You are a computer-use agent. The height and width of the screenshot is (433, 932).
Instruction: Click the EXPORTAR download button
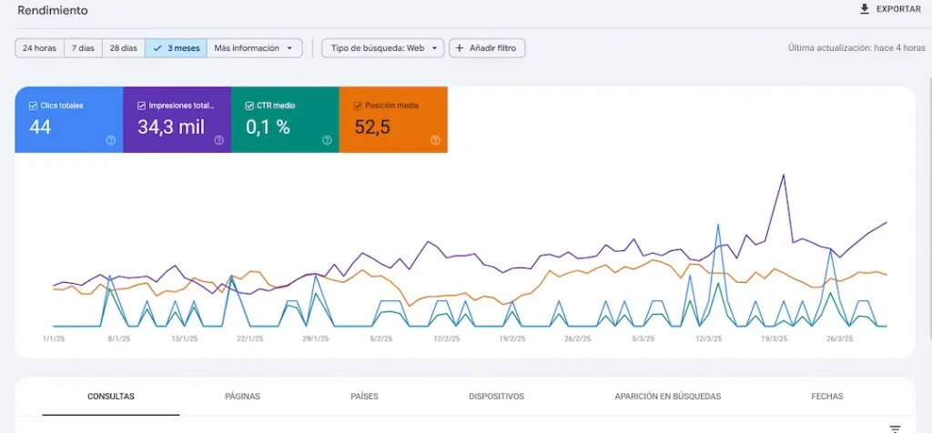889,9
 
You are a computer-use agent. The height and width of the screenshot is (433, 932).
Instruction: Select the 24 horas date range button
39,48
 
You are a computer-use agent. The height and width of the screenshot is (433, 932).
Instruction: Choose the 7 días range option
83,48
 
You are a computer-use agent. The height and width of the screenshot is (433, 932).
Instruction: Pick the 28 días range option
123,48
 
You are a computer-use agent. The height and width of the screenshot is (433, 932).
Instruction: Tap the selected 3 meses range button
176,48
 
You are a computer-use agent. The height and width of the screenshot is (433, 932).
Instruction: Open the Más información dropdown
254,48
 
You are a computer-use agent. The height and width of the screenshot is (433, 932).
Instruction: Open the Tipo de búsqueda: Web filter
382,48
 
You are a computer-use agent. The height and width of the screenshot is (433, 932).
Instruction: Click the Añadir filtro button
487,48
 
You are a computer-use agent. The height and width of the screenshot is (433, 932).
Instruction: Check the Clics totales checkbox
34,106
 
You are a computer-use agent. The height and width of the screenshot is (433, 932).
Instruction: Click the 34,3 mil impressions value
171,127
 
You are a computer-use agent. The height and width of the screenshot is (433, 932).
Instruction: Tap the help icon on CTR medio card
327,140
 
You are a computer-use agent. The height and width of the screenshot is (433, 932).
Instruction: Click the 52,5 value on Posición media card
372,127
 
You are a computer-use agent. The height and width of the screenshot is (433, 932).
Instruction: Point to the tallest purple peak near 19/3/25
783,175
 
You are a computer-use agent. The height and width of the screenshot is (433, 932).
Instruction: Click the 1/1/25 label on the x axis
54,338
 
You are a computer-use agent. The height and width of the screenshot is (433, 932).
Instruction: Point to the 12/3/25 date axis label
708,338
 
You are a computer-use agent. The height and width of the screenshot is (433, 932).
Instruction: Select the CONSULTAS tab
111,397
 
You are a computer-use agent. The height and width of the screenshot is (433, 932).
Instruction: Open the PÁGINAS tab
242,397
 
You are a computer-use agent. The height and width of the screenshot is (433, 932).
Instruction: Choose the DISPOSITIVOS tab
496,397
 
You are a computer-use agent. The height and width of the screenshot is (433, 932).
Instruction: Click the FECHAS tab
826,397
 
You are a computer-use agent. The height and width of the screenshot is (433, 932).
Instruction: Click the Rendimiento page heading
53,10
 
